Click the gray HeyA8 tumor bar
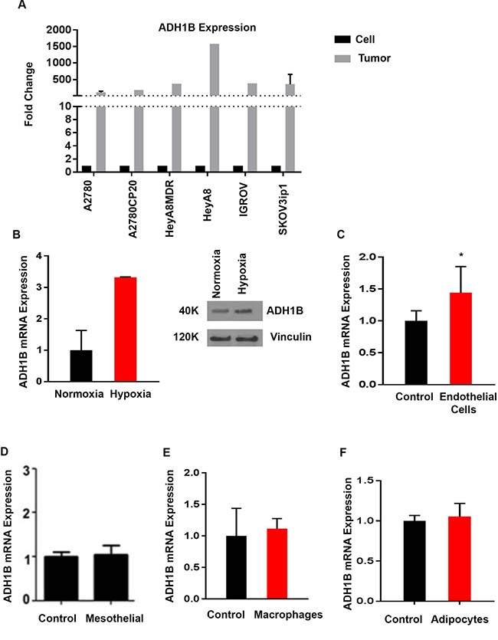[214, 107]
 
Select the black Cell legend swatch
[342, 39]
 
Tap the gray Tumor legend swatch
[342, 58]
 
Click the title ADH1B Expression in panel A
[207, 28]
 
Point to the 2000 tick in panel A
[59, 30]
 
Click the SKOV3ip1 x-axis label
[283, 209]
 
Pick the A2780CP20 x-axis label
[133, 208]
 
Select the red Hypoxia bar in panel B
[125, 329]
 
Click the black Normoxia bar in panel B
[81, 366]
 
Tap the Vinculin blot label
[290, 336]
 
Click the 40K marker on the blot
[188, 311]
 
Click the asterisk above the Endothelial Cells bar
[461, 255]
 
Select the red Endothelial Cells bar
[461, 338]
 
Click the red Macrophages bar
[277, 563]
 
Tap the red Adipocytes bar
[459, 558]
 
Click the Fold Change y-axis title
[28, 94]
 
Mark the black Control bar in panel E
[236, 567]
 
